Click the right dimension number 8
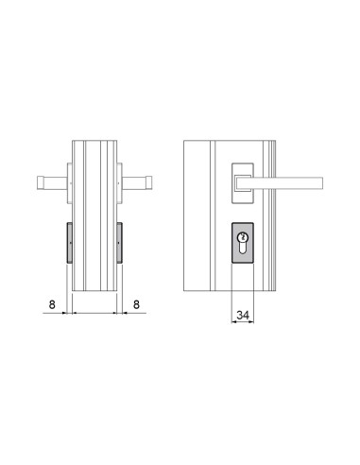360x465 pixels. click(137, 304)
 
